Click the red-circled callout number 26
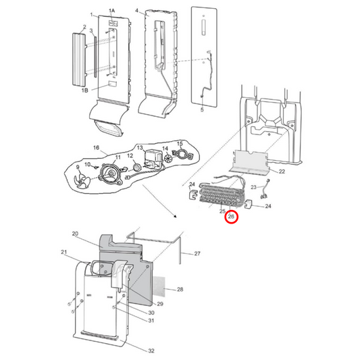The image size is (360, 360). (231, 217)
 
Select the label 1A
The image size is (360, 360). (112, 10)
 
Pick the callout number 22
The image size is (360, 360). (282, 172)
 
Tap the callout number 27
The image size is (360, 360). (197, 254)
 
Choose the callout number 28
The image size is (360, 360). (180, 290)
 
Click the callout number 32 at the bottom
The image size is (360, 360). (151, 351)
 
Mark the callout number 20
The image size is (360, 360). (76, 234)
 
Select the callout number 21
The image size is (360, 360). (65, 253)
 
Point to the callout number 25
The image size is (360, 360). (222, 211)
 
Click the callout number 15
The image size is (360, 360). (180, 143)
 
